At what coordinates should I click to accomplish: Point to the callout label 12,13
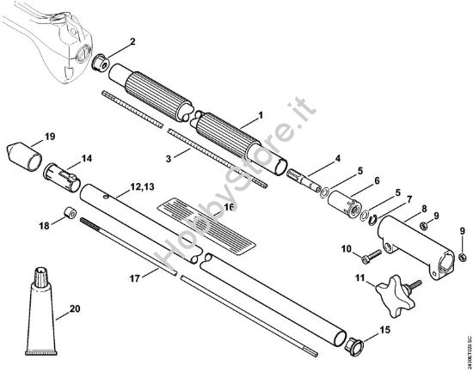tap(144, 186)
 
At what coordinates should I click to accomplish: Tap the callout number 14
tap(87, 157)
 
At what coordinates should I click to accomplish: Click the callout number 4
tap(337, 157)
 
